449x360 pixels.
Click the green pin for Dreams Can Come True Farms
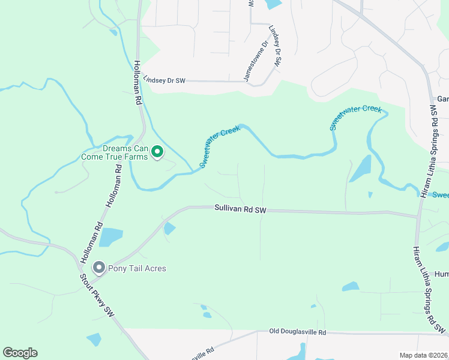157,152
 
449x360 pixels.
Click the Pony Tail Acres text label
137,268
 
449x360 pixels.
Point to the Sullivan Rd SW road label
240,209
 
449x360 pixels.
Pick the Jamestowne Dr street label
256,62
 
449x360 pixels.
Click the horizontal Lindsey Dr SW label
164,79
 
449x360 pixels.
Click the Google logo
20,353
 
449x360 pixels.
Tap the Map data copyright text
424,355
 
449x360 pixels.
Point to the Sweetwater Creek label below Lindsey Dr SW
355,117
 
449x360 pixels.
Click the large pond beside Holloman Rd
111,237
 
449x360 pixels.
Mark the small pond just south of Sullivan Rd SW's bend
169,228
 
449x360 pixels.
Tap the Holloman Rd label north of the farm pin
137,83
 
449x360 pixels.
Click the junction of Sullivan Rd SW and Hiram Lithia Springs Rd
418,217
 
